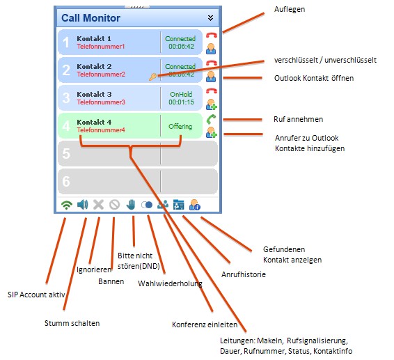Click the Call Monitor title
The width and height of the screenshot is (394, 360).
pos(90,18)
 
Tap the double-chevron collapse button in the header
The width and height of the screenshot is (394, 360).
pos(210,18)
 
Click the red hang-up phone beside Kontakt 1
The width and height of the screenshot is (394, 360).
pos(212,36)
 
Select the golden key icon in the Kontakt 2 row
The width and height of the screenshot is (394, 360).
pos(152,77)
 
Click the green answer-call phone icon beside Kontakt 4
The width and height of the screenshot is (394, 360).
pos(211,119)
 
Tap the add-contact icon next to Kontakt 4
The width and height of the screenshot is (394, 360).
pos(212,132)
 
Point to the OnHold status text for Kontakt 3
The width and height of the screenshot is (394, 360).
pos(181,94)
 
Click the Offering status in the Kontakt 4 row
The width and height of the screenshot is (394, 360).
pos(180,126)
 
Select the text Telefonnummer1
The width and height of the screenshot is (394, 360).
pos(101,47)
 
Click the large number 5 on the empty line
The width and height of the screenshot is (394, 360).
pos(66,153)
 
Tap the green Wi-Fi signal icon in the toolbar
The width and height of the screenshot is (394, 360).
pos(67,205)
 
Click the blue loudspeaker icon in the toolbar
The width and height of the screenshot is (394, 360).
pos(82,205)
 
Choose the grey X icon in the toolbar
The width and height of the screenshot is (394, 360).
pos(99,205)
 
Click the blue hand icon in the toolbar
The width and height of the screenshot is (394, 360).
pos(131,205)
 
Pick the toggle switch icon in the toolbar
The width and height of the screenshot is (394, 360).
pos(147,205)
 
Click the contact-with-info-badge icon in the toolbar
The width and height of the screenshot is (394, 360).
pos(195,205)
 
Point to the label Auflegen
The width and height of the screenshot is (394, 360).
pos(290,9)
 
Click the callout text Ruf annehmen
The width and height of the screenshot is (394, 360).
pos(298,119)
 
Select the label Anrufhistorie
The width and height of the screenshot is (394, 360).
pos(243,274)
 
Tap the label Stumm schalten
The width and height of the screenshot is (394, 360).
pos(72,323)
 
